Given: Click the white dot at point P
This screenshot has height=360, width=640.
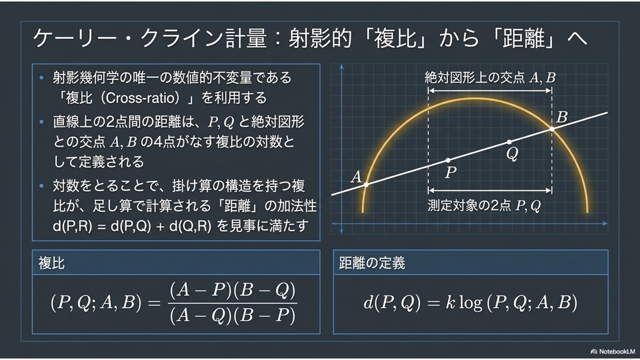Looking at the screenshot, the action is [x=448, y=161].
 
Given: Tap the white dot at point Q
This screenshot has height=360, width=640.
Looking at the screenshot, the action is [x=509, y=142].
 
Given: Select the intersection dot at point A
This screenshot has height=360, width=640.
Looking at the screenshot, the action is [x=366, y=185].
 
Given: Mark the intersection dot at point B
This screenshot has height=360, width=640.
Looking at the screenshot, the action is [x=552, y=129].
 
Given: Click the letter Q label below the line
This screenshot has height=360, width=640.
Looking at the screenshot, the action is [x=513, y=154].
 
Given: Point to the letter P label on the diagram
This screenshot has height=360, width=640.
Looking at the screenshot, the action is [x=451, y=172].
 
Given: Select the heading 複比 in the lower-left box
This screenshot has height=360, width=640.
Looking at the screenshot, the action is [x=51, y=263].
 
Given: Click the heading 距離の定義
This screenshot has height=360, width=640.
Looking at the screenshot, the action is [x=372, y=263].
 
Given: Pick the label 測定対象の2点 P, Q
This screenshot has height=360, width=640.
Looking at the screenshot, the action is [x=484, y=205].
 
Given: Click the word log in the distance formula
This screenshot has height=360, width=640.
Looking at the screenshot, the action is [x=470, y=303].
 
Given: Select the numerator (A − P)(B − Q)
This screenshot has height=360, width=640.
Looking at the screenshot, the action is [x=233, y=291].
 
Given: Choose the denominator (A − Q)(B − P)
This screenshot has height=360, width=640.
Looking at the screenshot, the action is [x=233, y=316].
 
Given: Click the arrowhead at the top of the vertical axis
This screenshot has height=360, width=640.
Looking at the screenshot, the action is [x=341, y=67].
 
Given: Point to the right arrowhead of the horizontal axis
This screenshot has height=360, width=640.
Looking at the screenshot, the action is [x=605, y=223].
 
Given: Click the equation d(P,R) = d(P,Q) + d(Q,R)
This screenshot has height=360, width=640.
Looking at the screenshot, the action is [x=132, y=226].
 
